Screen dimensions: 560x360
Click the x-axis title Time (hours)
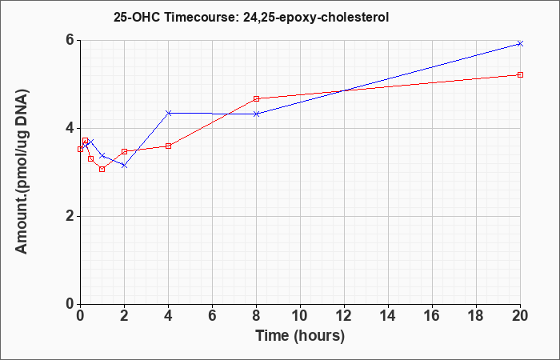[x=300, y=337]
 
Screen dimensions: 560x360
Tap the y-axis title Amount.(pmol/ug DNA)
[x=22, y=172]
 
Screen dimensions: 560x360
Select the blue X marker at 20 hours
[x=520, y=43]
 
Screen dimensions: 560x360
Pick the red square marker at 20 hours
[x=520, y=74]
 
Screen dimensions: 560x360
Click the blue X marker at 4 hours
[x=169, y=113]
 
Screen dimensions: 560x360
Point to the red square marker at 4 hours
[x=169, y=146]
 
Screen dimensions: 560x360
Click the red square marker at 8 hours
[x=257, y=98]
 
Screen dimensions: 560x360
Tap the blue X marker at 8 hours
[x=257, y=114]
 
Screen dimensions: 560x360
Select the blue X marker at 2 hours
[x=124, y=166]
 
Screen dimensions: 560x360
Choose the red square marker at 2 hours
[x=124, y=151]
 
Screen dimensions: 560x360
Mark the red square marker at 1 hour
[x=102, y=170]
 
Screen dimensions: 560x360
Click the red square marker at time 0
[x=80, y=150]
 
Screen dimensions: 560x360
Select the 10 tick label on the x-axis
[x=300, y=316]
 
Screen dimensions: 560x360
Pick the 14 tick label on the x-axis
[x=388, y=316]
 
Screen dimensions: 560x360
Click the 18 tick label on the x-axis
[x=476, y=316]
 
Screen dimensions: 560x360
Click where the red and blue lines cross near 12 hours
[x=343, y=90]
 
